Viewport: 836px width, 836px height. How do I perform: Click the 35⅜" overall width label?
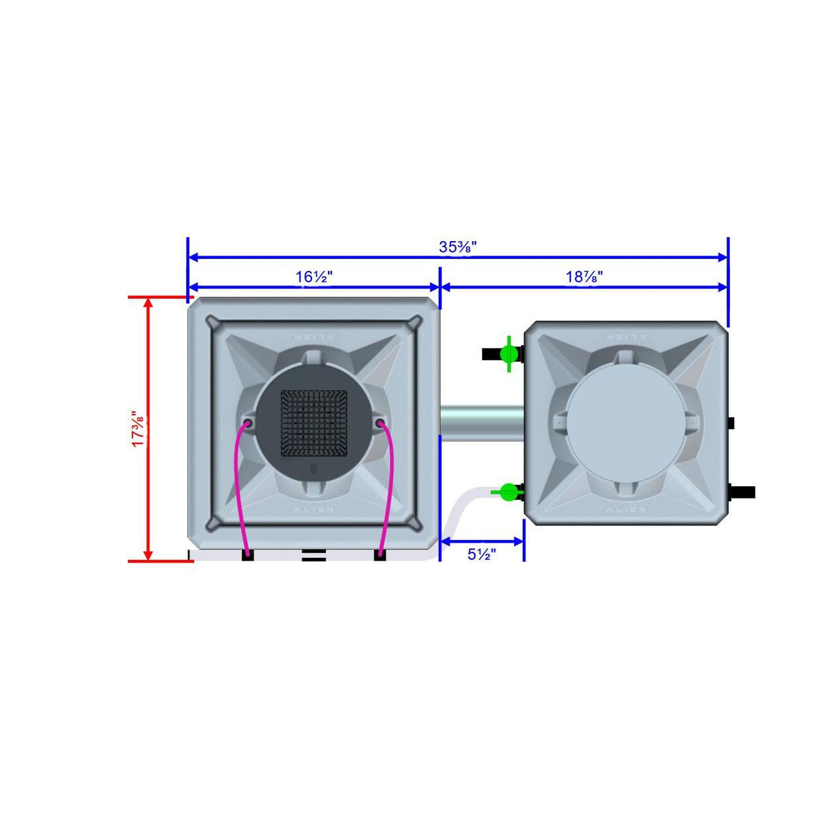point(458,247)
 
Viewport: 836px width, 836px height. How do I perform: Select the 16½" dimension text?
point(314,277)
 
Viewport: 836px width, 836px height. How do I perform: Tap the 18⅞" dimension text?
point(584,277)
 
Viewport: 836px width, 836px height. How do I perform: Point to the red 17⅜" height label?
point(138,430)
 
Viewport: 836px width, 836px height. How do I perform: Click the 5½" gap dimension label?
point(481,554)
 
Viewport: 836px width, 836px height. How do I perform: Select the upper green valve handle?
point(509,354)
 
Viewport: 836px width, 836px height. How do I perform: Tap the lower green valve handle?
point(508,492)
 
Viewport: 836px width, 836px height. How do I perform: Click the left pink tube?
point(238,482)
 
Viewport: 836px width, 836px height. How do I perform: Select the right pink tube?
point(389,482)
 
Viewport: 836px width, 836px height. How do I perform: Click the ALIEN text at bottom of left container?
point(314,510)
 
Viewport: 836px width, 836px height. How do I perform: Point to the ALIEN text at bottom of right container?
point(626,510)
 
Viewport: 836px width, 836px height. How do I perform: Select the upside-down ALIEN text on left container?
point(314,337)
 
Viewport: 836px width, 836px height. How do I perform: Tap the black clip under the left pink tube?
point(248,555)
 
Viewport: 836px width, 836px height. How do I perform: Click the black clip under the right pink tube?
point(379,555)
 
